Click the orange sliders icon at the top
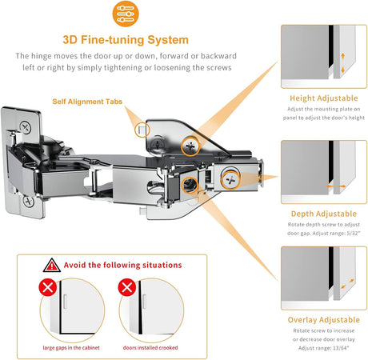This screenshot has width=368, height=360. [x=126, y=14]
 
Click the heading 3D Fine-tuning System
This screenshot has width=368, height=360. [x=126, y=40]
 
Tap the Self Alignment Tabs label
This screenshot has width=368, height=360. [x=87, y=102]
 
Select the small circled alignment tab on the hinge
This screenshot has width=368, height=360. [x=142, y=130]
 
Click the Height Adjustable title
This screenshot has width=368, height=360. [x=324, y=98]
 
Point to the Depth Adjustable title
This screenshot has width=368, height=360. [x=324, y=214]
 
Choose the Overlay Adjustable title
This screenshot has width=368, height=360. [x=324, y=320]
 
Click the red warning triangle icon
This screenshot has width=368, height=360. [x=52, y=265]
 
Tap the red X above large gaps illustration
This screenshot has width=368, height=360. [x=48, y=287]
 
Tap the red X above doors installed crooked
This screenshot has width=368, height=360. [x=127, y=287]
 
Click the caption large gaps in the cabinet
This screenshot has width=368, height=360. [x=71, y=348]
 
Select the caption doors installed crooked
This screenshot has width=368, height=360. [x=150, y=348]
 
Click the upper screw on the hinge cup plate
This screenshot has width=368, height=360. [x=26, y=127]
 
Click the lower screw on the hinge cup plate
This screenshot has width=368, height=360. [x=29, y=202]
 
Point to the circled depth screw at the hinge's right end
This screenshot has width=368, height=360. [x=230, y=180]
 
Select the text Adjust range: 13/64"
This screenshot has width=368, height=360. [x=324, y=348]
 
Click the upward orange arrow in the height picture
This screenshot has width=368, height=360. [x=343, y=56]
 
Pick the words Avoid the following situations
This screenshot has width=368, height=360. [x=122, y=265]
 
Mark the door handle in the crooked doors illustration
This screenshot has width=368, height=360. [x=144, y=302]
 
